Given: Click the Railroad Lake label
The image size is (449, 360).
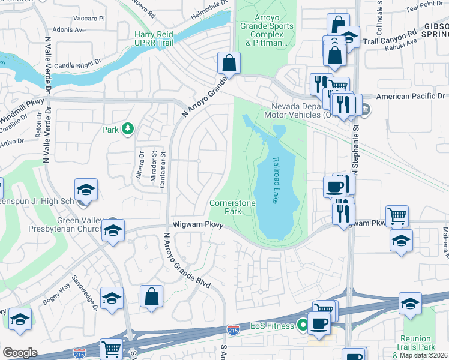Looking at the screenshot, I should (x=277, y=181).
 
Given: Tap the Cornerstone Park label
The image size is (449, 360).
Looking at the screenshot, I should (x=232, y=207).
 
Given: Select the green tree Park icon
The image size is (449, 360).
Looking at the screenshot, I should (x=127, y=128).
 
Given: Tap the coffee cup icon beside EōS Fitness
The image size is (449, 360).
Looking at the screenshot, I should (x=319, y=324).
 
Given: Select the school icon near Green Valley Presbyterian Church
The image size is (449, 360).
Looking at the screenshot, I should (x=113, y=231).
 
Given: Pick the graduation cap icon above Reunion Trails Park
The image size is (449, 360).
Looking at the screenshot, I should (x=410, y=304).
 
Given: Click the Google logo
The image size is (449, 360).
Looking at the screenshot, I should (x=20, y=353).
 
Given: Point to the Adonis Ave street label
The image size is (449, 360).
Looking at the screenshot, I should (x=70, y=29).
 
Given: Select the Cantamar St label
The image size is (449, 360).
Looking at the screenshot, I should (x=163, y=172).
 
